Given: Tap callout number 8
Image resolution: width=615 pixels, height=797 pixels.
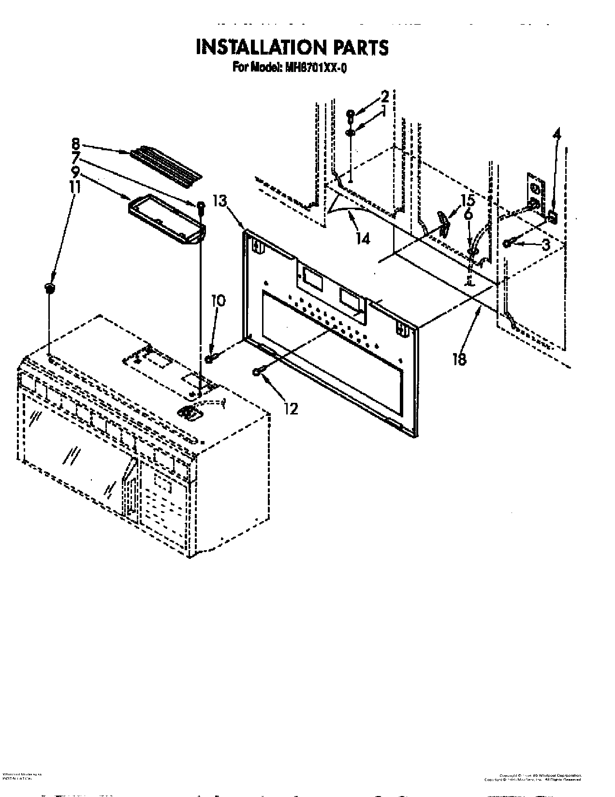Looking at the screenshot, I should click(x=75, y=143).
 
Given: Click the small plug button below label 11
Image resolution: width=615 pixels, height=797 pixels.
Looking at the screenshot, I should click(x=49, y=288).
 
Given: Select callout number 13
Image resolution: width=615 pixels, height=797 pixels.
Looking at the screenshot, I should click(x=220, y=201).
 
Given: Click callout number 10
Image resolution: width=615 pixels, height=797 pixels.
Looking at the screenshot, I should click(x=218, y=301).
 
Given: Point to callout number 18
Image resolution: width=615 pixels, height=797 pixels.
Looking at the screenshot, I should click(x=459, y=358).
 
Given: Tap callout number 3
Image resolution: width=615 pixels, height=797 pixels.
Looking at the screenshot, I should click(x=545, y=245).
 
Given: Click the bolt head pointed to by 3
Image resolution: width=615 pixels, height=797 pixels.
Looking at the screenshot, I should click(x=507, y=243).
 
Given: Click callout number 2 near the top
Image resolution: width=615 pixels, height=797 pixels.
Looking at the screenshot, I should click(x=384, y=95).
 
